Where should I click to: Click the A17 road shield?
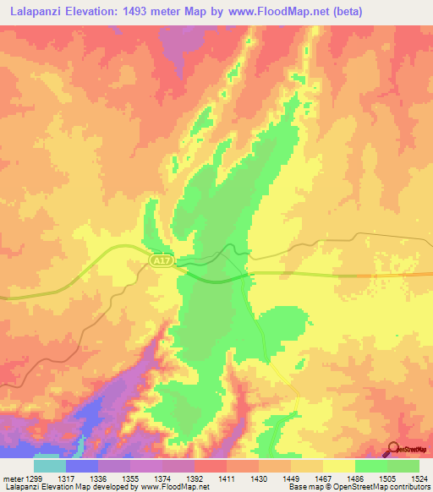162,262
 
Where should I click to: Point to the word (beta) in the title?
350,10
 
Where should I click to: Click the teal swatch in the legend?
50,466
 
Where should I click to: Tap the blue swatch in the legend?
82,466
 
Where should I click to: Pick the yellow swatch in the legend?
339,466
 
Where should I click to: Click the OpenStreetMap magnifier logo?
392,450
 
